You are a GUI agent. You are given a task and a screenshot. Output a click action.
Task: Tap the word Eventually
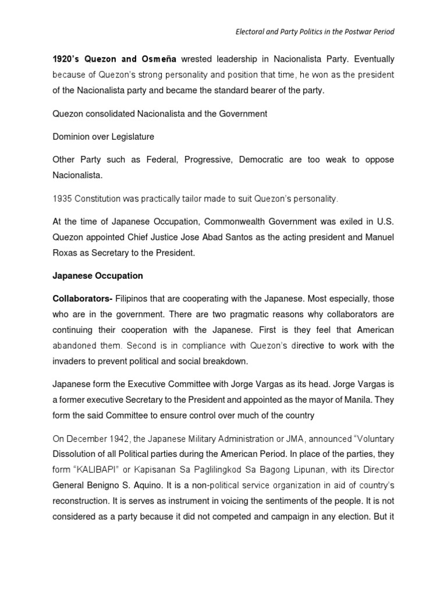372,59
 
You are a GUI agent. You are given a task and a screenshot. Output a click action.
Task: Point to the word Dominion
73,136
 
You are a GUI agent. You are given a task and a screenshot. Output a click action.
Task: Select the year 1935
63,198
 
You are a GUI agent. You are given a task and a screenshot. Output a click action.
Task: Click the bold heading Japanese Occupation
97,275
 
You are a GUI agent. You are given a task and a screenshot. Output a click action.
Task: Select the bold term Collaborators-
82,299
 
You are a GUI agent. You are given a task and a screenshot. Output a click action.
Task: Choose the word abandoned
73,345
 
